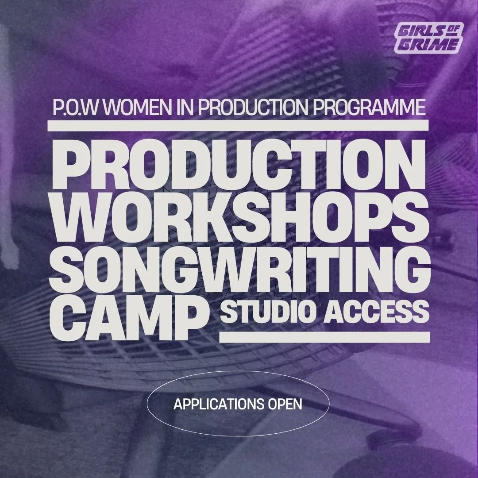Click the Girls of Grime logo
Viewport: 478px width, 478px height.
428,38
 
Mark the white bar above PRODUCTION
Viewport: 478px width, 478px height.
238,125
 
